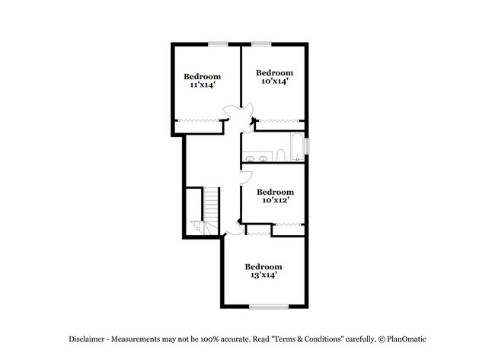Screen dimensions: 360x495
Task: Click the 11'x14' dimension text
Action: pos(202,85)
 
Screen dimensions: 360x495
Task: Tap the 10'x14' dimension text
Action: pos(274,81)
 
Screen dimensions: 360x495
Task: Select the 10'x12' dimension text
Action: pos(274,200)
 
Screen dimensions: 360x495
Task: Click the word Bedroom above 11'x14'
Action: pos(202,76)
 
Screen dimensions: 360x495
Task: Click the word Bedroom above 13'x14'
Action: pos(263,266)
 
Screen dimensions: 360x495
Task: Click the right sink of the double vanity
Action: pos(263,159)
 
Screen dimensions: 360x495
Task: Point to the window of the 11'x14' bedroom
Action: pos(219,43)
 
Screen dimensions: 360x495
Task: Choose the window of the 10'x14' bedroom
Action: pos(261,43)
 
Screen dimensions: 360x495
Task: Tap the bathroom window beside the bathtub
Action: pos(308,145)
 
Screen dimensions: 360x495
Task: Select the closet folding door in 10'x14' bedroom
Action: pos(280,121)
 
